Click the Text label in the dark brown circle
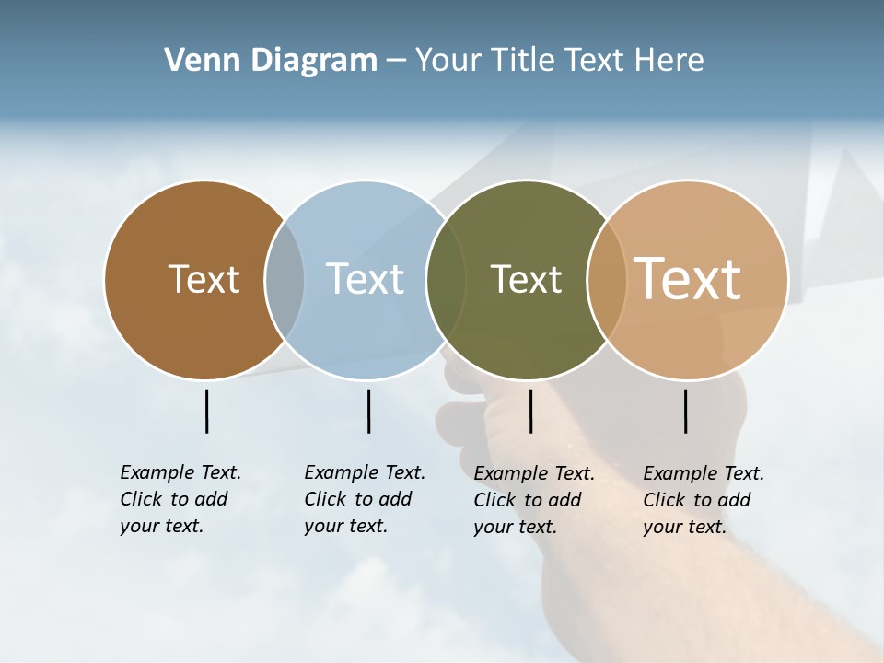coord(204,279)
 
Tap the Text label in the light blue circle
coord(365,279)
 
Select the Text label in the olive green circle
coord(526,279)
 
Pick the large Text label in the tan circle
coord(688,279)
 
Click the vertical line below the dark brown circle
coord(206,411)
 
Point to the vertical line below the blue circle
coord(368,411)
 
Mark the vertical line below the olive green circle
coord(530,411)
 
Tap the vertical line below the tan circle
coord(685,411)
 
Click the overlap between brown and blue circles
coord(285,280)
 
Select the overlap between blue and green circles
coord(446,280)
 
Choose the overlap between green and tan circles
coord(607,280)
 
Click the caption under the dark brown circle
coord(180,499)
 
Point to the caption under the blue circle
coord(365,499)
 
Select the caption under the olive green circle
coord(534,500)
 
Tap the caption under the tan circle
coord(704,500)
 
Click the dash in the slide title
coord(396,62)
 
